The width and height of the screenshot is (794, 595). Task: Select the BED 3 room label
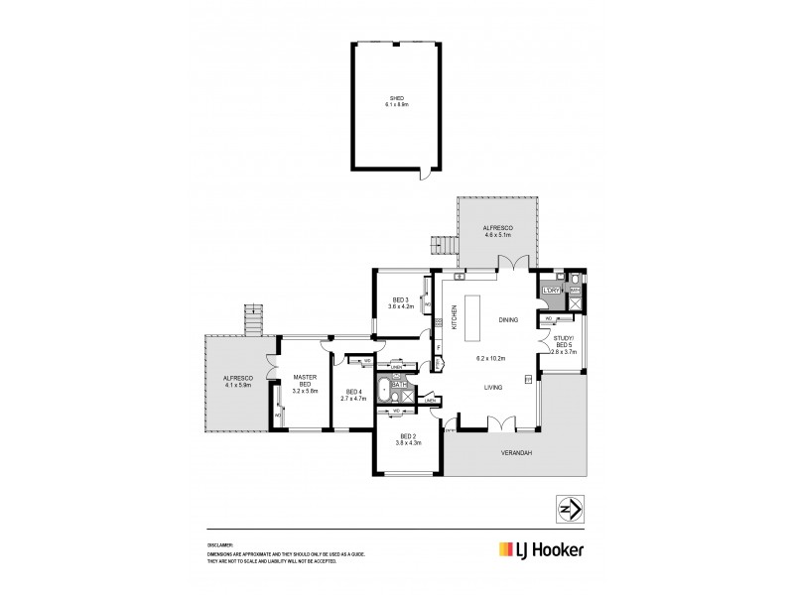400,300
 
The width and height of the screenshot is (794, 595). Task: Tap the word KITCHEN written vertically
455,317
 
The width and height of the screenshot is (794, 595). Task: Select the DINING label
508,320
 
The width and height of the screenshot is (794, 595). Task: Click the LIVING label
493,388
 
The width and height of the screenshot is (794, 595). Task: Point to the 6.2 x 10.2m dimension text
491,358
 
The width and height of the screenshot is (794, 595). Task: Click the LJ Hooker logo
540,549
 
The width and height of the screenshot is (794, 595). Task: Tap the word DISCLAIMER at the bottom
219,544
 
